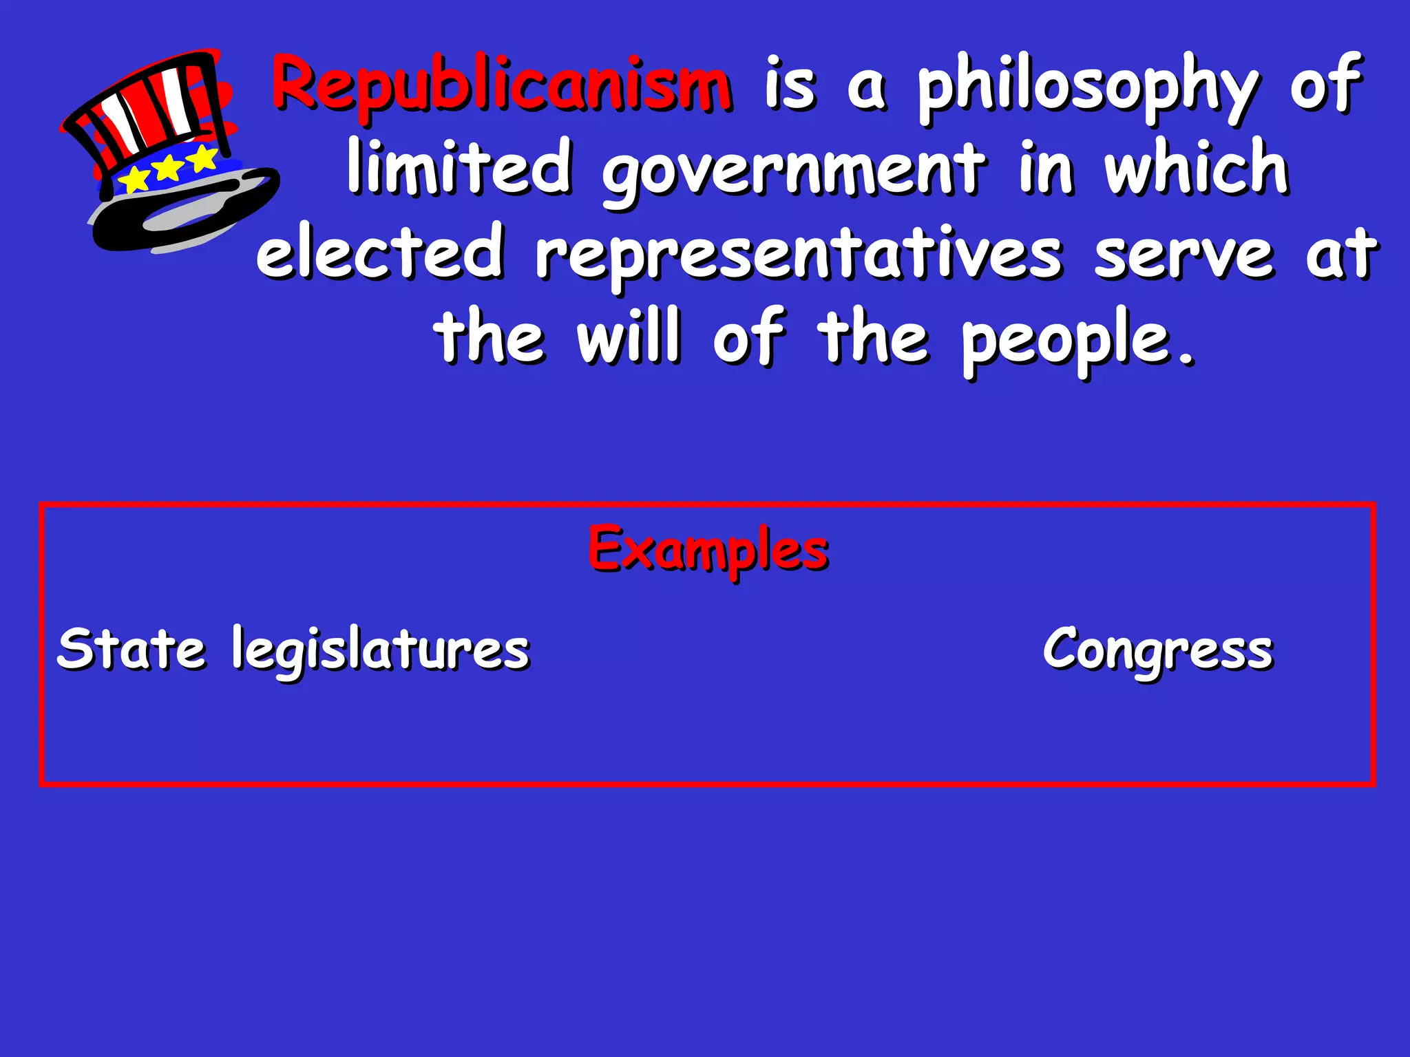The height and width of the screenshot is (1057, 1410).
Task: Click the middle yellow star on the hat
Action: [167, 167]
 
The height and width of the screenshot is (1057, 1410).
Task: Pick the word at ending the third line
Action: [1342, 255]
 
